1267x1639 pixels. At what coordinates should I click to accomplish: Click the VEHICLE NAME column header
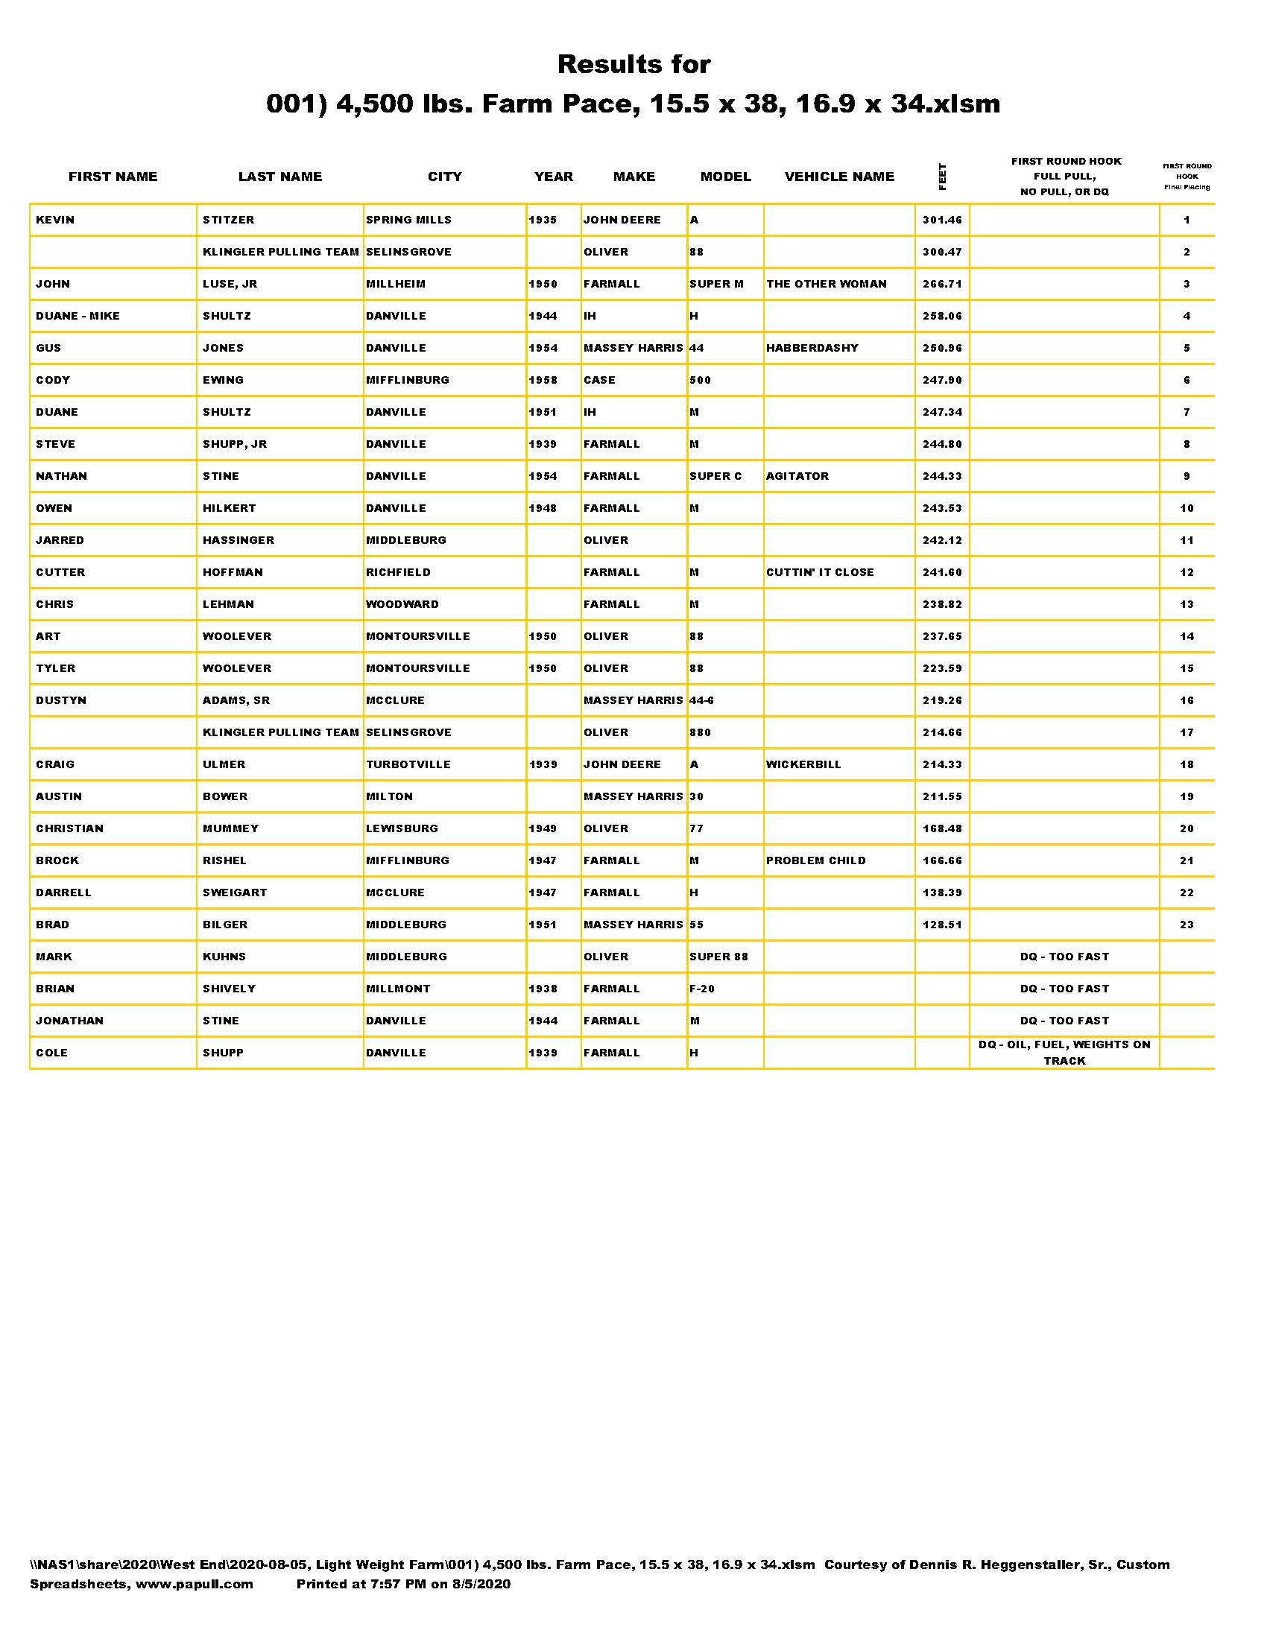839,177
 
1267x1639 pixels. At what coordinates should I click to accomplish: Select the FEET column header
942,177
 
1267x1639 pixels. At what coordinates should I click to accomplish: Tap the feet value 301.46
942,220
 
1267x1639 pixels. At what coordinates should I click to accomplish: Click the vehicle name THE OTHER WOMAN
826,284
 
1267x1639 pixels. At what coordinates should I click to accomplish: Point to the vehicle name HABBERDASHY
812,348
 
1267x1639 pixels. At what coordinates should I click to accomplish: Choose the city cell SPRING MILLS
408,220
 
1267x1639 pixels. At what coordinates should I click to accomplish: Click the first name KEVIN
55,220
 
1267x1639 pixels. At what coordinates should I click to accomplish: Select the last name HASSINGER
238,540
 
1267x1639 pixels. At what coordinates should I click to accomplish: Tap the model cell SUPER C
715,477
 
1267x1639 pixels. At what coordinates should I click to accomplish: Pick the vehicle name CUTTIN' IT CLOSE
820,573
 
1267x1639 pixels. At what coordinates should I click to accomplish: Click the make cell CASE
599,381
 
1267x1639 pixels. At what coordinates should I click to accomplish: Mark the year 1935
543,220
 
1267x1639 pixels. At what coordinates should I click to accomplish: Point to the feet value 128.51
942,925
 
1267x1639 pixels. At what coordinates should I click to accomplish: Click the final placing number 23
1186,925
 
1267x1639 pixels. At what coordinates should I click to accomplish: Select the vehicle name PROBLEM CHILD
816,860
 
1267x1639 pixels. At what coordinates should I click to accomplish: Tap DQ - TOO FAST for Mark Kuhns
1064,957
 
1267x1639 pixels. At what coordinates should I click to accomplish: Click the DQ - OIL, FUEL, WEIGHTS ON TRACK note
1064,1052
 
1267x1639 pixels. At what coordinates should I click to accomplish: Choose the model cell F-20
702,989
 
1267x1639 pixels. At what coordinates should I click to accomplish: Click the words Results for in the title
633,65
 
